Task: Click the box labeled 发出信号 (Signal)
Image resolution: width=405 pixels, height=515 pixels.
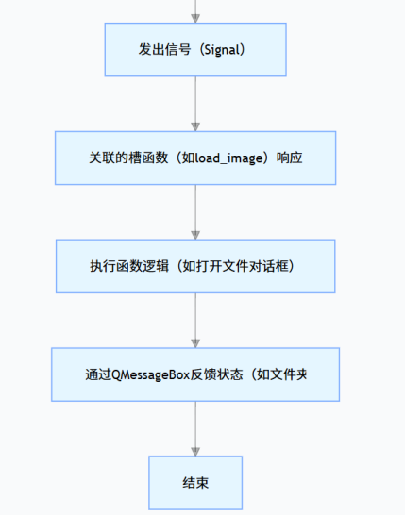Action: (x=195, y=49)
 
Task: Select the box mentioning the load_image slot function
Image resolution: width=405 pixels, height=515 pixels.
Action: (x=195, y=158)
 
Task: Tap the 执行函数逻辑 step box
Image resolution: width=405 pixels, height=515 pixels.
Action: (x=195, y=266)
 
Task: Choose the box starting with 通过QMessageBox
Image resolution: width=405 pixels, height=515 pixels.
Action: (x=195, y=374)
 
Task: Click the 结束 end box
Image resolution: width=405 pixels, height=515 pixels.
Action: (x=195, y=483)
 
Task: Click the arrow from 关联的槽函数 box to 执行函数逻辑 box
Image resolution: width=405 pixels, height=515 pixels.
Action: (x=195, y=212)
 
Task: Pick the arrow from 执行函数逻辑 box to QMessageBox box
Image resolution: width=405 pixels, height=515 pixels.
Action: (x=195, y=321)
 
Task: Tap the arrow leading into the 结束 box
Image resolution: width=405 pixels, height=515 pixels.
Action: (x=195, y=429)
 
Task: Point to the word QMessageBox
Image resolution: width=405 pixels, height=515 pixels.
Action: (x=152, y=374)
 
